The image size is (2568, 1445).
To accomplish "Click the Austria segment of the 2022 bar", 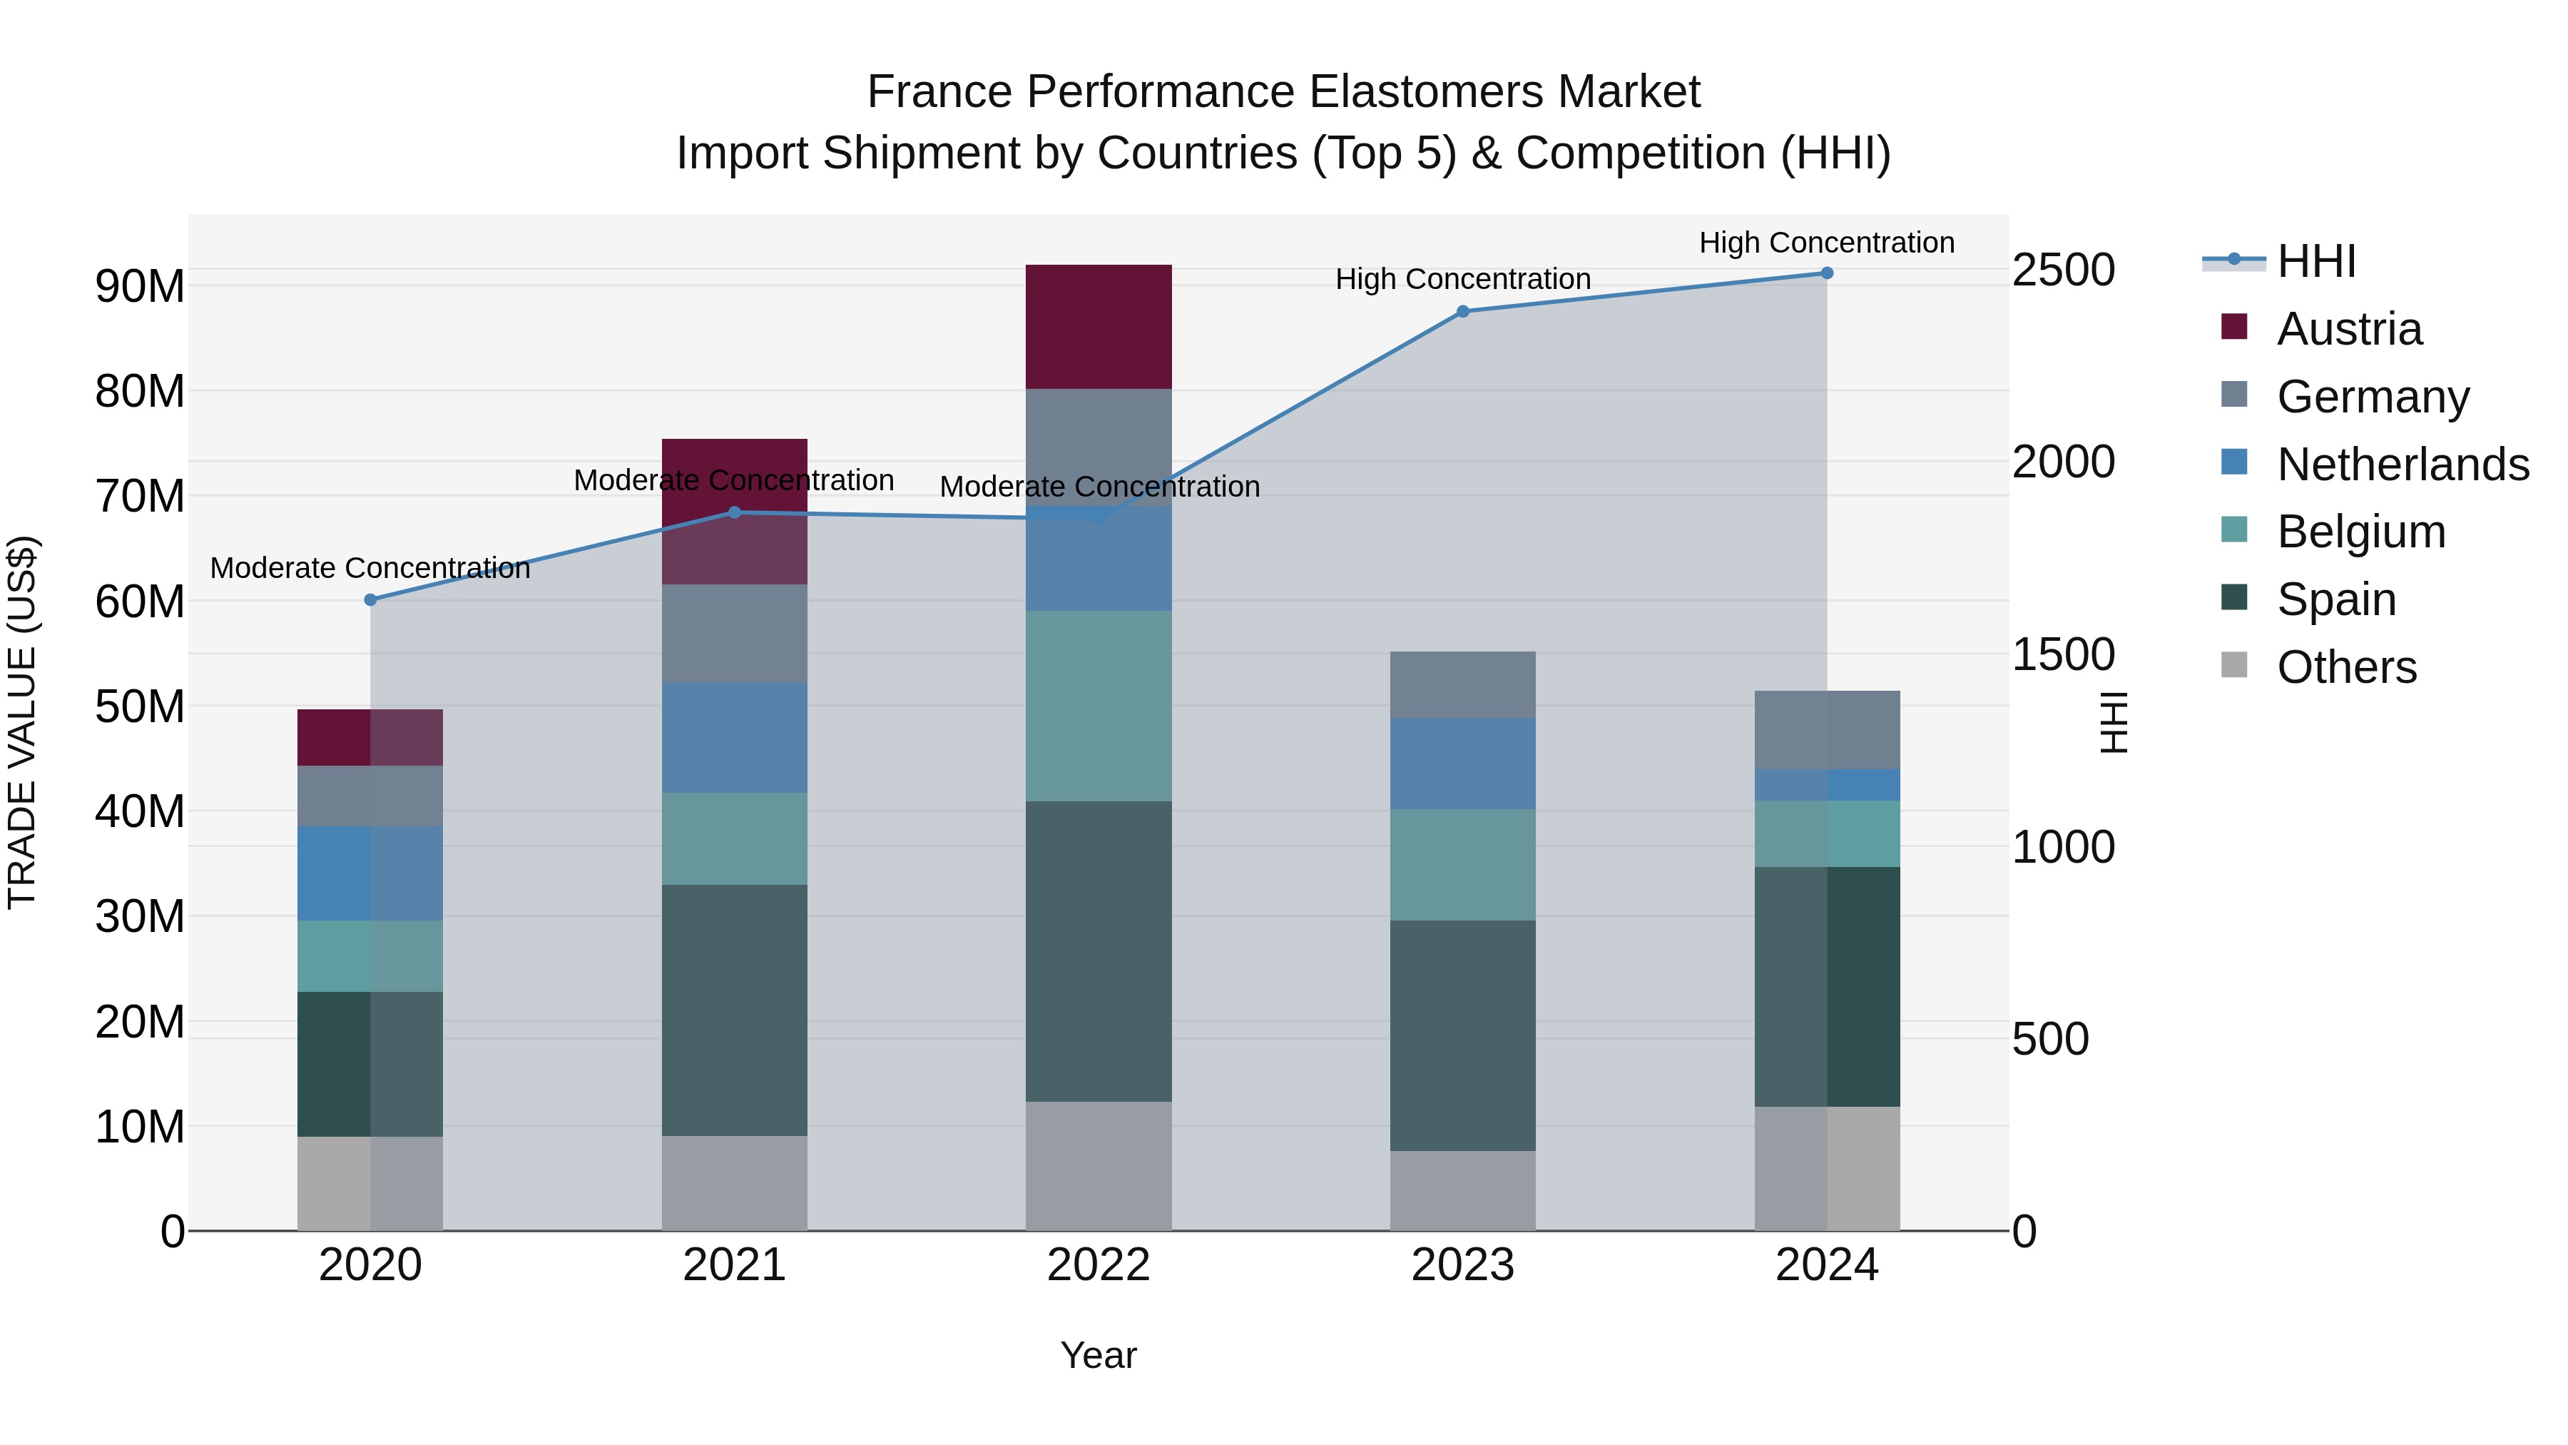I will (1099, 326).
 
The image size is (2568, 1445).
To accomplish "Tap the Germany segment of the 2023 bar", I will (1462, 684).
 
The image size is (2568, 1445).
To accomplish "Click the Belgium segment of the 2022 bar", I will (1099, 705).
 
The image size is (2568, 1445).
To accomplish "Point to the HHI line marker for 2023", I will (1462, 311).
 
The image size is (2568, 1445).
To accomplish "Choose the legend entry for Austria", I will (2349, 328).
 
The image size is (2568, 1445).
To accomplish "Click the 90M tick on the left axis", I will (140, 286).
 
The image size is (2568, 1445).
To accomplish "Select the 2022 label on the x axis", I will (1099, 1264).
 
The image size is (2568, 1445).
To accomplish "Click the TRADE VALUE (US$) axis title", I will (23, 722).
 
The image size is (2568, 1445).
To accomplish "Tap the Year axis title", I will (1099, 1355).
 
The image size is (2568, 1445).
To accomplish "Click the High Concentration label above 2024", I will (1826, 243).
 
